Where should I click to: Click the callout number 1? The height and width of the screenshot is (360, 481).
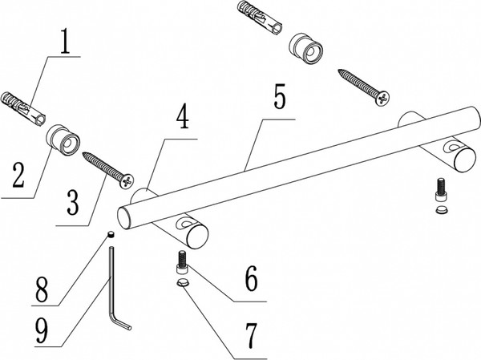coord(67,42)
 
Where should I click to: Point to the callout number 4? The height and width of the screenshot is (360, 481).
coord(183,118)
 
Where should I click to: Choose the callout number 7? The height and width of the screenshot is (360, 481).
coord(251,335)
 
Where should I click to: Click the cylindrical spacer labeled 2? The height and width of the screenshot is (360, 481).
coord(63,140)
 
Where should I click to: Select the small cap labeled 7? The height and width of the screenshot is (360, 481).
coord(182,281)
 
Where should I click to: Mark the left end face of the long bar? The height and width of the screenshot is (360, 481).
coord(124,217)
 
